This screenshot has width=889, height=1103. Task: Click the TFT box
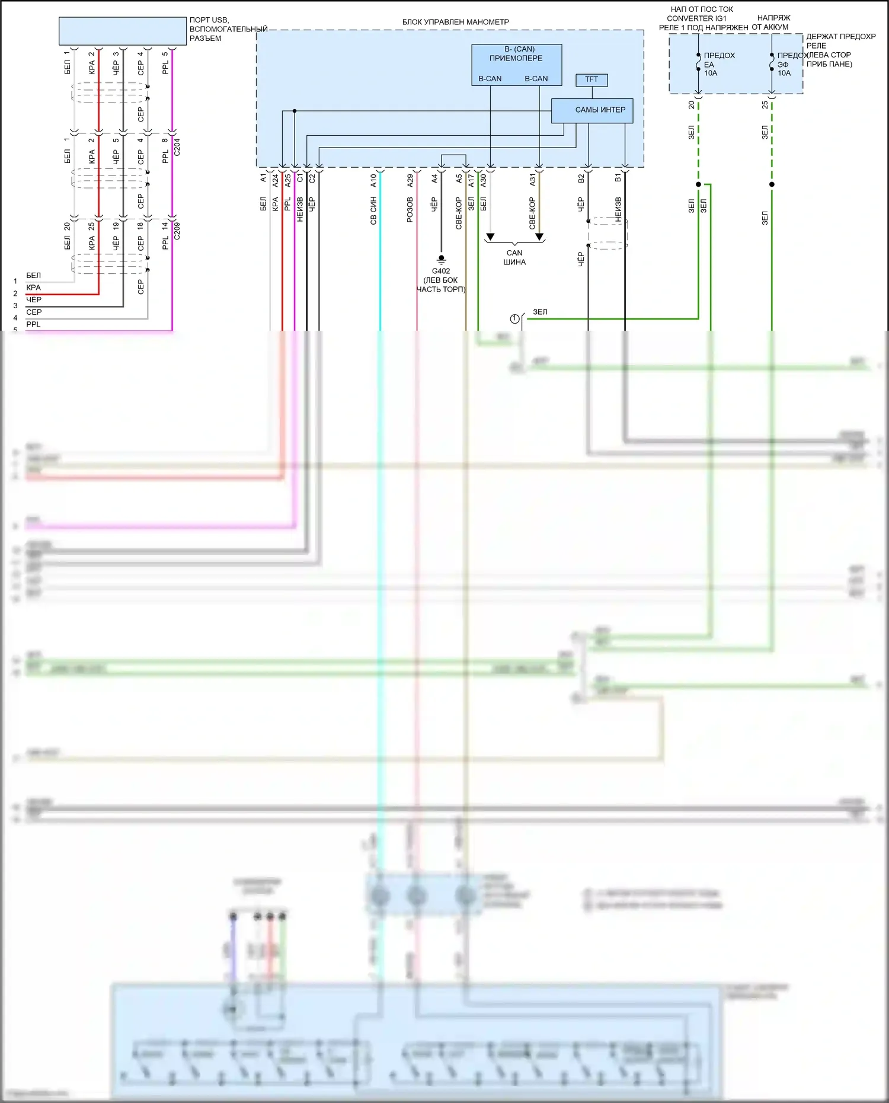tap(591, 79)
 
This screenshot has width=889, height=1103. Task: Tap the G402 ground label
tap(440, 271)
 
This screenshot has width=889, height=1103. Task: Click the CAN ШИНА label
tap(514, 257)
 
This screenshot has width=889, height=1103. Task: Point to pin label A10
tap(373, 181)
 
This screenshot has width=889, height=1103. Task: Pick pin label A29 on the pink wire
tap(410, 181)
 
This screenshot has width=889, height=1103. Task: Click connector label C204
tap(177, 147)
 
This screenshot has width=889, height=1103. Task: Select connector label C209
tap(177, 231)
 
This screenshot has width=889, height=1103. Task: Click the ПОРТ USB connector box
tap(123, 31)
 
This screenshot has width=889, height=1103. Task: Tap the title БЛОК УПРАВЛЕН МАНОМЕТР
tap(455, 22)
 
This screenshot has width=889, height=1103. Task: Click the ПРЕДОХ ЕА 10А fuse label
tap(718, 64)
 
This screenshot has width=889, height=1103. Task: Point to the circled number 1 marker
tap(514, 319)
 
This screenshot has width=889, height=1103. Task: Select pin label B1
tap(618, 178)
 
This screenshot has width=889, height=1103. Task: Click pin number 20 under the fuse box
tap(691, 105)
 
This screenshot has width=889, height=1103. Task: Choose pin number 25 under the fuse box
tap(765, 105)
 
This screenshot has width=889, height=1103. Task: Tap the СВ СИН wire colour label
tap(373, 211)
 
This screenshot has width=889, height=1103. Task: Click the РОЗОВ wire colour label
tap(410, 210)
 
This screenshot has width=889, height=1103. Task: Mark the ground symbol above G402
tap(441, 259)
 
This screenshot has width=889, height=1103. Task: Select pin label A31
tap(532, 180)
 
